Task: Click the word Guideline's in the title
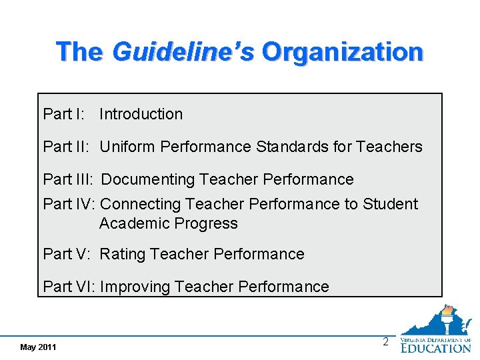point(183,51)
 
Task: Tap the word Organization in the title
point(343,51)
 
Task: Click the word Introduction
point(141,114)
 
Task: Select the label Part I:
point(63,114)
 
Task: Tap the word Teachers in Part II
point(389,147)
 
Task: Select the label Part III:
point(68,179)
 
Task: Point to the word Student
point(390,204)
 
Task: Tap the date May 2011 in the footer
point(39,347)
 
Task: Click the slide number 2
point(385,343)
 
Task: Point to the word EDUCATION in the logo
point(436,347)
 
